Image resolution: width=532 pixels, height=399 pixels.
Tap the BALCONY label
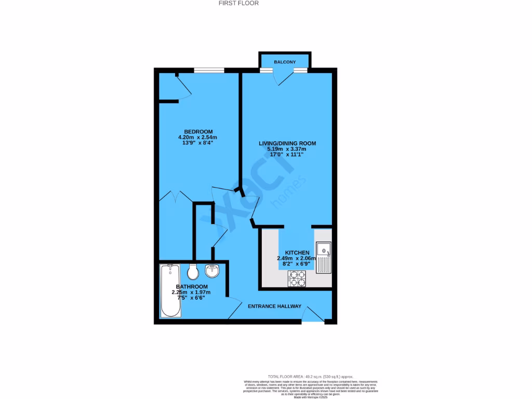285,62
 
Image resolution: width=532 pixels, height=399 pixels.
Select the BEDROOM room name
198,131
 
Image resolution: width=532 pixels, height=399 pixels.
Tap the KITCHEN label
297,252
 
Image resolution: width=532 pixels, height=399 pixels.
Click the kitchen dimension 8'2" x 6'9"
297,264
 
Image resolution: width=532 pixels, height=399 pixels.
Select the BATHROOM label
192,287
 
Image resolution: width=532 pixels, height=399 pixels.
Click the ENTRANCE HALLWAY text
275,307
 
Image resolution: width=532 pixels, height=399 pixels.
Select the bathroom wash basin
213,270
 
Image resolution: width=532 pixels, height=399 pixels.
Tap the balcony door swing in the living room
285,77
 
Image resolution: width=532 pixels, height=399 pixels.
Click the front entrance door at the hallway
313,315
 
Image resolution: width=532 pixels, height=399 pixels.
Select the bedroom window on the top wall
209,70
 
